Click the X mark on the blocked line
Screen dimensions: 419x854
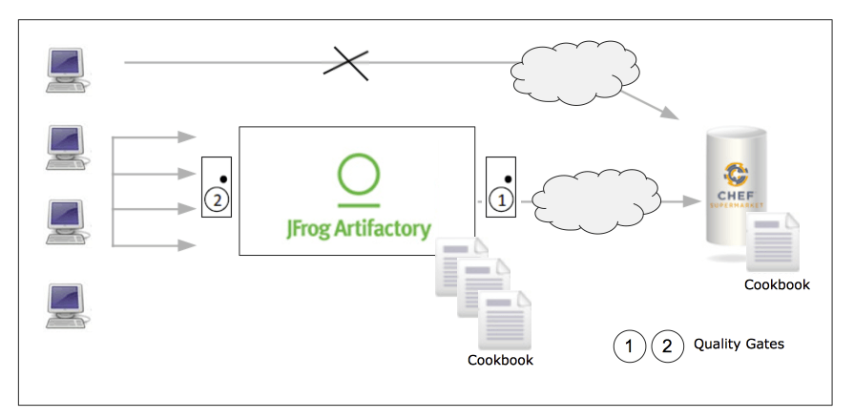(345, 63)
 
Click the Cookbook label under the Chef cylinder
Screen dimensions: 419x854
(777, 284)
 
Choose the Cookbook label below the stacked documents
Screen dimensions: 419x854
(500, 360)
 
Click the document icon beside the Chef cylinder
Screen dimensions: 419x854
(774, 243)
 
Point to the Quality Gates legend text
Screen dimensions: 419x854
(739, 344)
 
